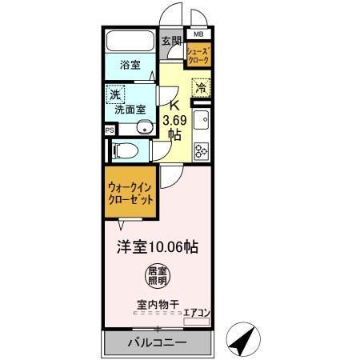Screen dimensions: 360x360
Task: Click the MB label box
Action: click(x=198, y=35)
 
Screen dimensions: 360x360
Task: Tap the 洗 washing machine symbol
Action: click(x=117, y=94)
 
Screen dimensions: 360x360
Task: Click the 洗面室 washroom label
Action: click(x=129, y=109)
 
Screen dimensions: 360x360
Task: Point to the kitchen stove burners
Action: click(x=202, y=148)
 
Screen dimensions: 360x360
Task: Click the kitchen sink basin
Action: click(x=202, y=122)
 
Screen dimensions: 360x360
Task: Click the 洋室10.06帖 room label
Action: click(x=158, y=246)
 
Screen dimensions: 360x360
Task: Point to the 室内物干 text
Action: click(x=155, y=305)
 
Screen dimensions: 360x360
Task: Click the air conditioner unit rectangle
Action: click(x=198, y=322)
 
